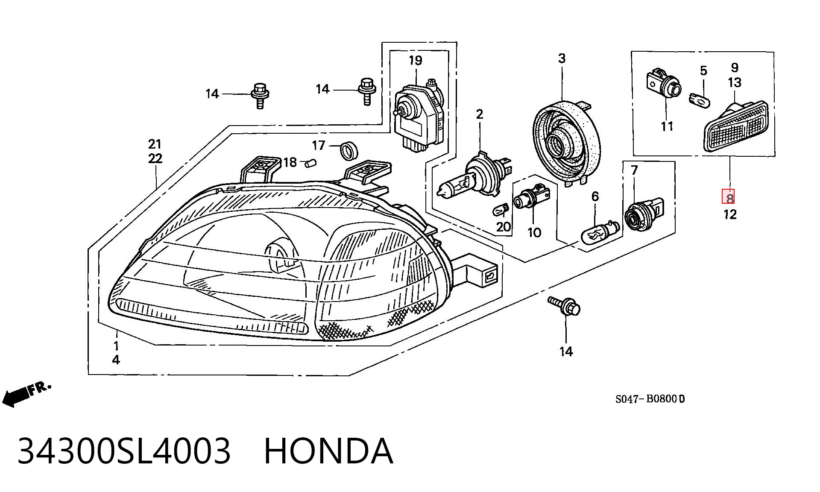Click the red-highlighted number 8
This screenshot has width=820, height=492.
[x=729, y=198]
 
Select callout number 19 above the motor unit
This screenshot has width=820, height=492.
[x=415, y=61]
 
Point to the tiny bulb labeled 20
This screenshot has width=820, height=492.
[x=501, y=211]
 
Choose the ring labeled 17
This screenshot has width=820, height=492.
[x=348, y=150]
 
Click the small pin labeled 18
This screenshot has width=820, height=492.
[x=310, y=163]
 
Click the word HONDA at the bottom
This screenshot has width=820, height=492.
[x=328, y=451]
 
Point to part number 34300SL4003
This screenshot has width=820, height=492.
[x=124, y=451]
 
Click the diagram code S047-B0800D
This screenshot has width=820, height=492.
[x=650, y=399]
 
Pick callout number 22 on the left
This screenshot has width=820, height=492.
[x=155, y=159]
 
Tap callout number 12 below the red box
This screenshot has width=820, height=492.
[x=730, y=214]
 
